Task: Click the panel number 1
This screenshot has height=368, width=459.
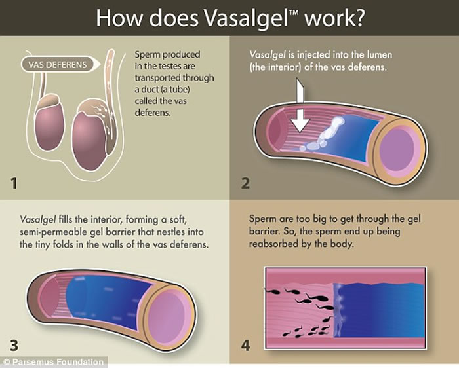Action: (x=16, y=183)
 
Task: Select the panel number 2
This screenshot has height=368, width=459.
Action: (x=245, y=183)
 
